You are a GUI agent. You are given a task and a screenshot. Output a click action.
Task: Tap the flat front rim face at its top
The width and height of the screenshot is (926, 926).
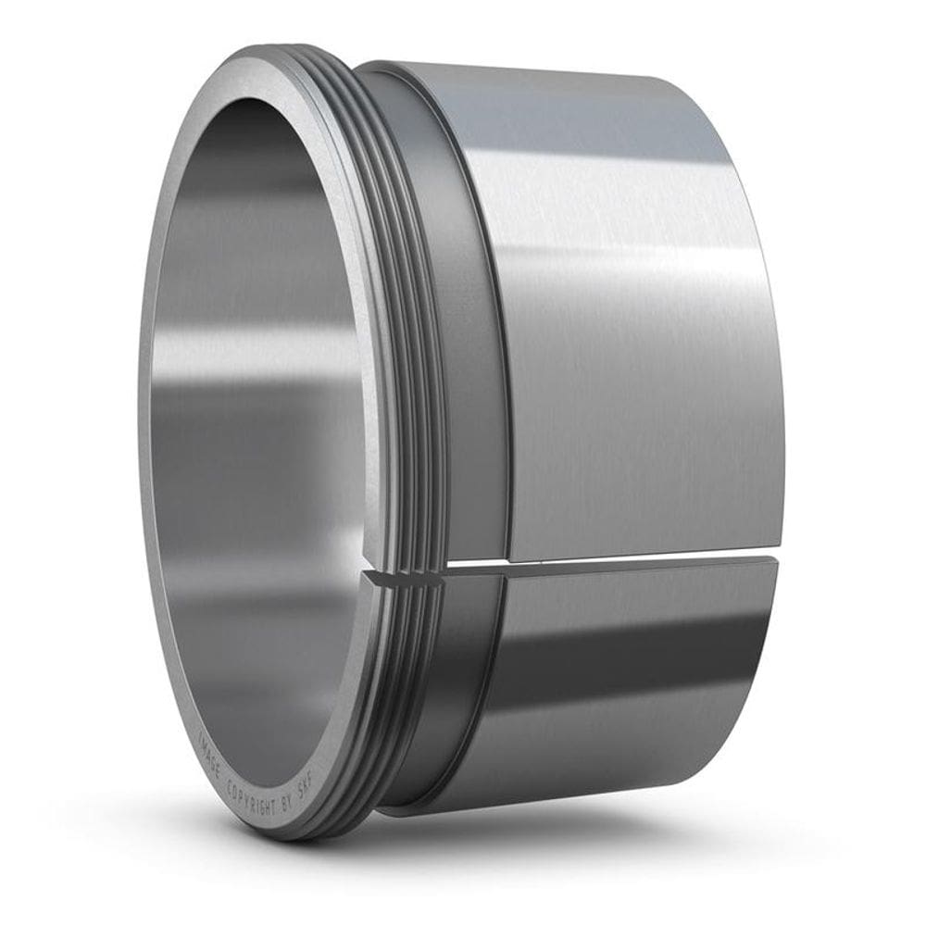pyautogui.click(x=269, y=69)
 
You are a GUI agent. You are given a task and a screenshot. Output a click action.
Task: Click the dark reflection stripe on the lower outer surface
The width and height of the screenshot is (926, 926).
pyautogui.click(x=639, y=648)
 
